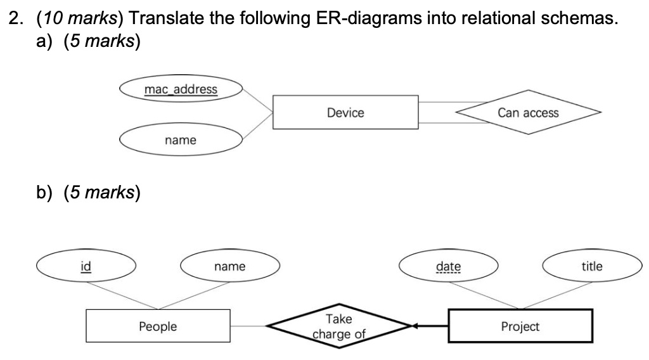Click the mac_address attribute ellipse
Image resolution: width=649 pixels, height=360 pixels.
(x=181, y=89)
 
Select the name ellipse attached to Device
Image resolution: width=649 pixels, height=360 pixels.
(x=181, y=140)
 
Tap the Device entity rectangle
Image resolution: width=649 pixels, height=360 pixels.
(x=345, y=113)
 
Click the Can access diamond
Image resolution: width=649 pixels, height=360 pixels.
(x=527, y=113)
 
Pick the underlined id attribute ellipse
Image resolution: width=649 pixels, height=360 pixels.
(x=85, y=266)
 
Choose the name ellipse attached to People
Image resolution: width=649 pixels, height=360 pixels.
(x=229, y=267)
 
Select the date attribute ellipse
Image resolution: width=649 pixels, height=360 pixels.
(x=449, y=267)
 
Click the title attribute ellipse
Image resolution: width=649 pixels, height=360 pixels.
(x=592, y=267)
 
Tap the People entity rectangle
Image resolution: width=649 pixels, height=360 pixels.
(x=158, y=326)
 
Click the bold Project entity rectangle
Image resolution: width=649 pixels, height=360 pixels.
(x=520, y=326)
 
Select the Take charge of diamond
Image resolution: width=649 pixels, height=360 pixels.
(x=339, y=326)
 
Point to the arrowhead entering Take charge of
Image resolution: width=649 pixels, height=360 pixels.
(x=414, y=326)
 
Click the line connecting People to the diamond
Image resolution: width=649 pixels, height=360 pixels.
(x=248, y=326)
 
